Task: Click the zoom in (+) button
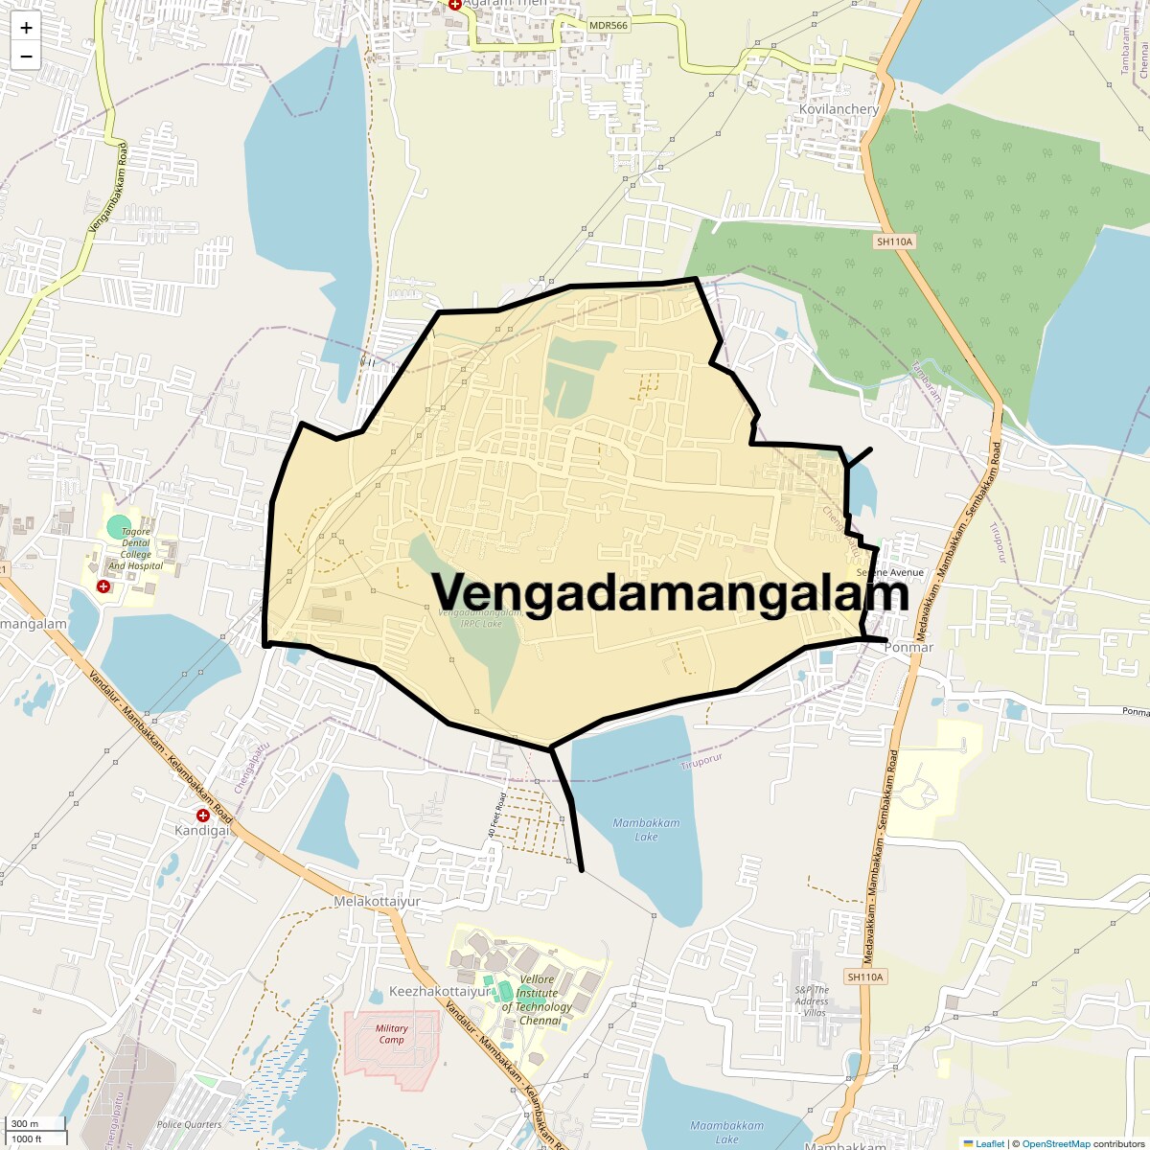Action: (x=26, y=28)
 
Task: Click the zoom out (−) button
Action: (x=26, y=57)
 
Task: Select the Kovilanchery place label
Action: (x=839, y=109)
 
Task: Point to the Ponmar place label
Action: (x=908, y=647)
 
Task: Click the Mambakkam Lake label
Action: (x=646, y=830)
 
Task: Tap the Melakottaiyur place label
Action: (x=377, y=902)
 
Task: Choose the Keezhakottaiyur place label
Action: (x=439, y=992)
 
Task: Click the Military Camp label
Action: (x=391, y=1034)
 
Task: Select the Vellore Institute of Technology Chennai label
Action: (x=538, y=1000)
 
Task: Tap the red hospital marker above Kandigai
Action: (x=203, y=815)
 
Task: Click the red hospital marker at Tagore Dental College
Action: (x=103, y=586)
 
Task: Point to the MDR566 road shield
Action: (x=609, y=25)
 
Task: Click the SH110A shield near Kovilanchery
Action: (x=894, y=241)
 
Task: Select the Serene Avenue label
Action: (x=890, y=573)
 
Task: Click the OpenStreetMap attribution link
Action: (x=1057, y=1143)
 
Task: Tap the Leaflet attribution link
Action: (x=990, y=1143)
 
